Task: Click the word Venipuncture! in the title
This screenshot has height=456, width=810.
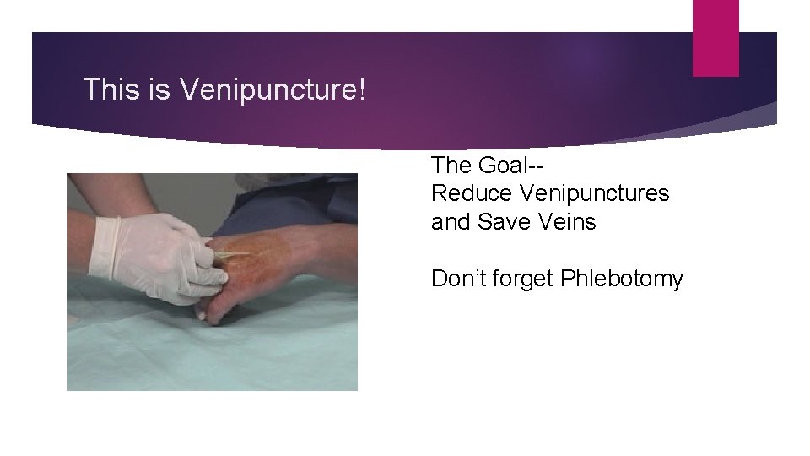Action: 273,90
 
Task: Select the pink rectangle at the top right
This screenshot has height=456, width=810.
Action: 715,37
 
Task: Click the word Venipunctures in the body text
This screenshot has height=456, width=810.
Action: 594,193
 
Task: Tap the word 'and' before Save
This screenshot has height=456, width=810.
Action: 451,222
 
